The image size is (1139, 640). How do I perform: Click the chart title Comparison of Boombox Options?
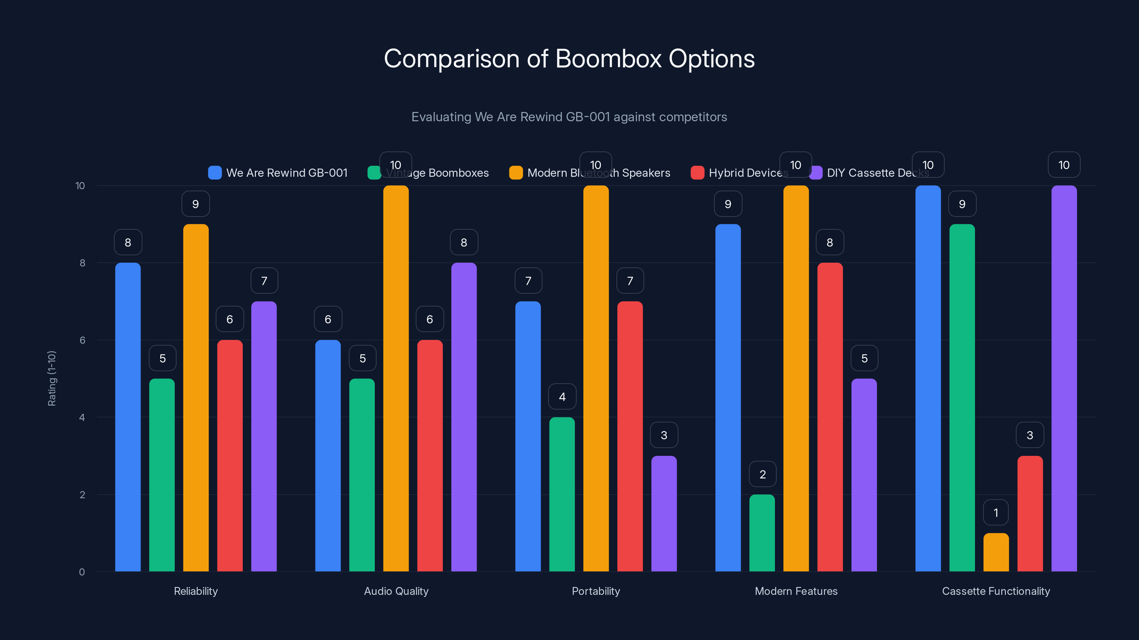pyautogui.click(x=569, y=59)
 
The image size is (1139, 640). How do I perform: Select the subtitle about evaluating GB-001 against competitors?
pyautogui.click(x=569, y=117)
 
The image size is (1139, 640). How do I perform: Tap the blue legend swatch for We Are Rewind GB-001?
pyautogui.click(x=215, y=173)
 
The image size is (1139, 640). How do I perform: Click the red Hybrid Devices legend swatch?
pyautogui.click(x=697, y=173)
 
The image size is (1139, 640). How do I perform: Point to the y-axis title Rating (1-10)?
pyautogui.click(x=52, y=379)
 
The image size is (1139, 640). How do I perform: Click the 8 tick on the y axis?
pyautogui.click(x=82, y=263)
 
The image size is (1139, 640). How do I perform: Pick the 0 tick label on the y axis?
pyautogui.click(x=82, y=572)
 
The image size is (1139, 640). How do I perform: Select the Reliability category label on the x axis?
pyautogui.click(x=195, y=591)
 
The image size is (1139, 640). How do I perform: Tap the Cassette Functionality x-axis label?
pyautogui.click(x=996, y=591)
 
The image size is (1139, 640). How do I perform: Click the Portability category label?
pyautogui.click(x=595, y=591)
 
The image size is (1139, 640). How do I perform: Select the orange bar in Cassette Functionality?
pyautogui.click(x=996, y=553)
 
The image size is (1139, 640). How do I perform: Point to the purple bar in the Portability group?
pyautogui.click(x=664, y=514)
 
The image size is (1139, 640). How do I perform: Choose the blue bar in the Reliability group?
pyautogui.click(x=128, y=417)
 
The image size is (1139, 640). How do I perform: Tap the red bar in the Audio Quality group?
pyautogui.click(x=430, y=456)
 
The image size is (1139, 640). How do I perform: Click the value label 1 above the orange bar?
pyautogui.click(x=996, y=512)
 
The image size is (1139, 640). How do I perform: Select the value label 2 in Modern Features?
pyautogui.click(x=762, y=474)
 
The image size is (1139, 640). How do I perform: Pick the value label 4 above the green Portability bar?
pyautogui.click(x=562, y=397)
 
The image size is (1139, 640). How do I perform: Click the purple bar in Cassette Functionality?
pyautogui.click(x=1064, y=379)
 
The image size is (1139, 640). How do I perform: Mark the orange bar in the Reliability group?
pyautogui.click(x=195, y=398)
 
